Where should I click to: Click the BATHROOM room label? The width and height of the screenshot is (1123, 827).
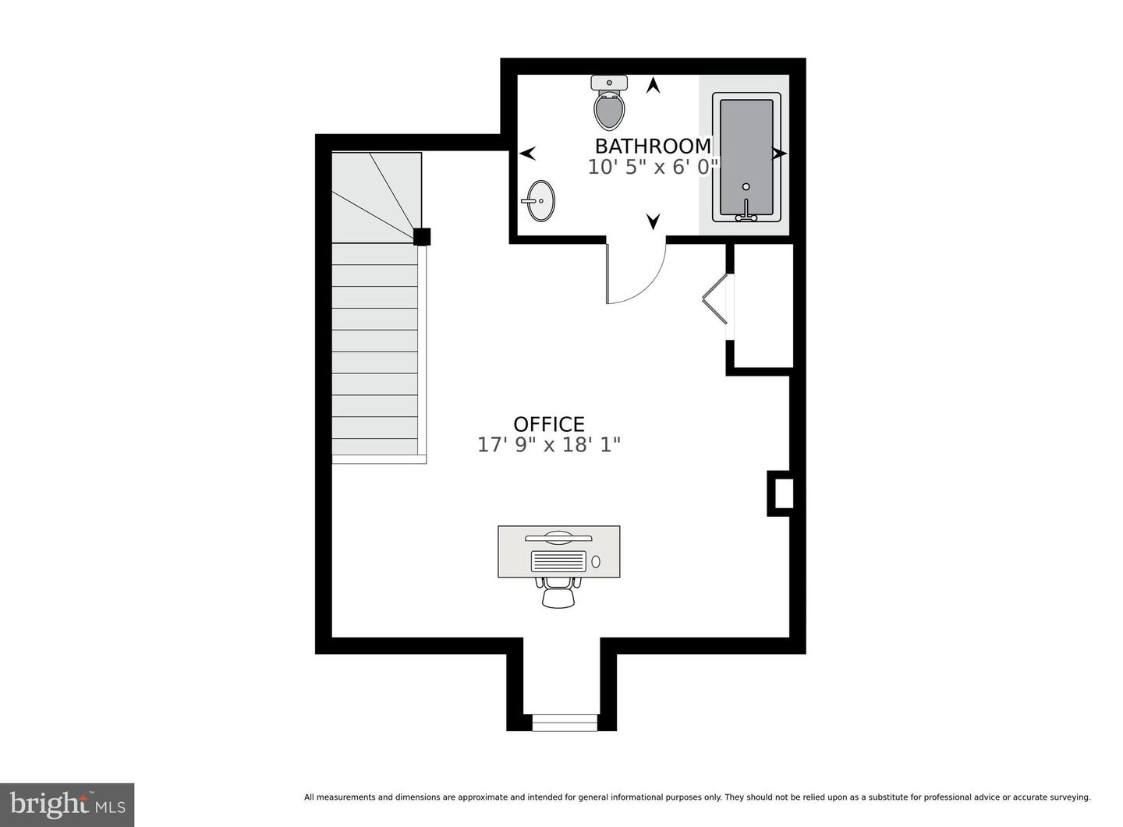(x=653, y=146)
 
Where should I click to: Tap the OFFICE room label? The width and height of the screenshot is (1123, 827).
(x=549, y=425)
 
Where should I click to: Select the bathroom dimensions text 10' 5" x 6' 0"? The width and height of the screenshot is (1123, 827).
(x=654, y=167)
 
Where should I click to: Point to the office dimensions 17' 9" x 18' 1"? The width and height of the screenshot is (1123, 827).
(x=549, y=445)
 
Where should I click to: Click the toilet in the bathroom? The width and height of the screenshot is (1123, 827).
(x=609, y=103)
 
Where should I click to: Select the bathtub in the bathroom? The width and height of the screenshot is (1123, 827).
(x=746, y=157)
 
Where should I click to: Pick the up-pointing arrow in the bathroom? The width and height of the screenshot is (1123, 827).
(x=653, y=85)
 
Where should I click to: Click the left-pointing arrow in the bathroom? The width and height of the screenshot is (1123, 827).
(x=527, y=154)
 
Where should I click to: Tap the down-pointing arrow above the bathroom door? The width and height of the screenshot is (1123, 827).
(x=653, y=221)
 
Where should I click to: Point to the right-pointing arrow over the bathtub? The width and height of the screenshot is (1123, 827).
(x=779, y=154)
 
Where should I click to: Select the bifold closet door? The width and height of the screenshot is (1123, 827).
(x=715, y=299)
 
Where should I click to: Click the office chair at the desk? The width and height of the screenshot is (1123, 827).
(x=558, y=592)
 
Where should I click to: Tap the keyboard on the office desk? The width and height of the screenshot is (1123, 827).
(x=558, y=561)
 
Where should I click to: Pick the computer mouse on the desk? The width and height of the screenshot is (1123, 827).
(x=596, y=562)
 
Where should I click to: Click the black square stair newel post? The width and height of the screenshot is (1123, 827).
(x=422, y=237)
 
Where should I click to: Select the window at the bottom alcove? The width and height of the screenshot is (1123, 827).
(x=565, y=723)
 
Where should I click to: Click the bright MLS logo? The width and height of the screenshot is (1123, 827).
(x=67, y=804)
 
